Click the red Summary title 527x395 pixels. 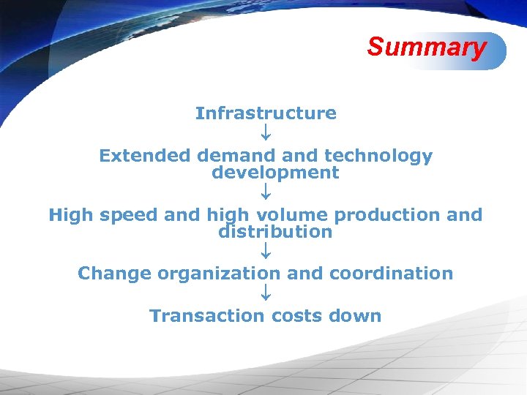pos(427,47)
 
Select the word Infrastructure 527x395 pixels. pos(266,113)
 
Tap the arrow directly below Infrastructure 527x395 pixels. pos(266,134)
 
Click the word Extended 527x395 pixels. pos(144,156)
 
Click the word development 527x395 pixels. pos(275,173)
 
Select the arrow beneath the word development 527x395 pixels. pos(266,193)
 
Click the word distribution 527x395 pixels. pos(275,232)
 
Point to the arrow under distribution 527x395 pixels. pos(266,252)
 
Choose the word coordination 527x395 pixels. pos(391,274)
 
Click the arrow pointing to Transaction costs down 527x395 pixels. pos(266,294)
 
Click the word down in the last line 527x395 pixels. pos(355,316)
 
